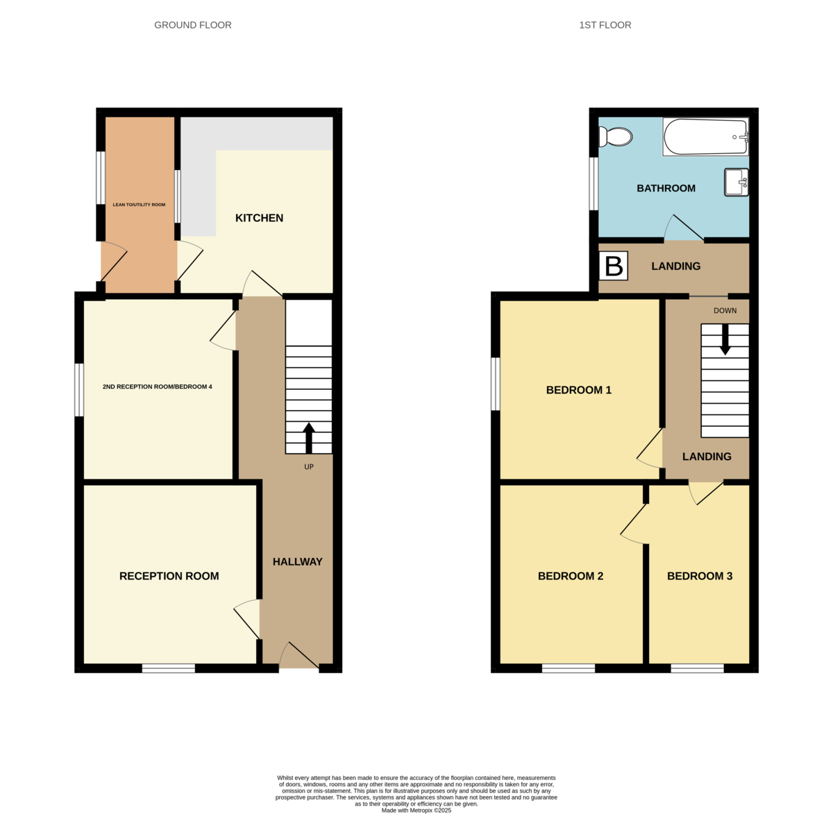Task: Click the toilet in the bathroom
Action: click(615, 137)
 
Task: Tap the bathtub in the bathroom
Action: click(706, 137)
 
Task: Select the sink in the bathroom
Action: click(737, 183)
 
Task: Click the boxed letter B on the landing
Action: click(614, 266)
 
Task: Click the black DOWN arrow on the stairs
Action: click(725, 339)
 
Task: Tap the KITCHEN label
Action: click(260, 218)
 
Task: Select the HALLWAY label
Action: click(298, 562)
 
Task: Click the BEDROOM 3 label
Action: click(700, 576)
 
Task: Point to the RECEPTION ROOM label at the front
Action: click(169, 576)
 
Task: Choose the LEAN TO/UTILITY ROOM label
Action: click(139, 205)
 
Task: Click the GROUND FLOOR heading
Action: click(192, 25)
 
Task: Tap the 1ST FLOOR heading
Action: click(605, 25)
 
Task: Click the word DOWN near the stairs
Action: click(725, 311)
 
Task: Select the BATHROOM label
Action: click(666, 188)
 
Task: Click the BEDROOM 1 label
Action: click(579, 390)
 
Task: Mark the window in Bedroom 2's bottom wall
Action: click(569, 668)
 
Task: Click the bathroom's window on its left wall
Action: click(594, 184)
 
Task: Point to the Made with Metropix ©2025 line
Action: click(416, 810)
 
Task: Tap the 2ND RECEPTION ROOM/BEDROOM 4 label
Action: click(158, 387)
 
